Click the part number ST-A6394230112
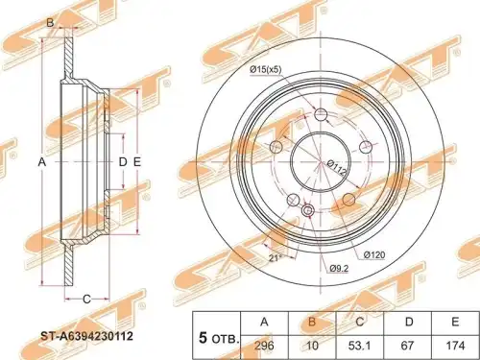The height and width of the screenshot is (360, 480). pos(86,336)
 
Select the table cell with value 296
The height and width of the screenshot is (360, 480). pos(264,347)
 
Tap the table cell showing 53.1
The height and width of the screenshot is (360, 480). pos(360,347)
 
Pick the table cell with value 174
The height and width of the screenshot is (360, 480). pos(455,347)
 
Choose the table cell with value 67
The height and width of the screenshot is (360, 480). pos(408,347)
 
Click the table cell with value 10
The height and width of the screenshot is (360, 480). pos(312,347)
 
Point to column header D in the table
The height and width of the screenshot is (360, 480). pos(408,323)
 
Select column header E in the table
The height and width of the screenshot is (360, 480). pos(455,323)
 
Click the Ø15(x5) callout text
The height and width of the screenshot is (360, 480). pos(266,69)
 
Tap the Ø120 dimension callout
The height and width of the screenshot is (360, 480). pos(374,255)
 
